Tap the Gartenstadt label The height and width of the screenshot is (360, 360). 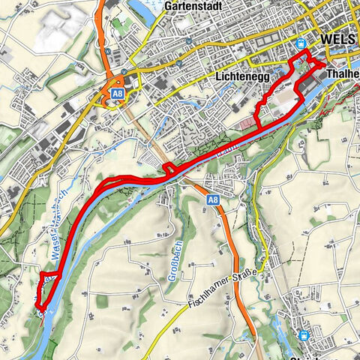pos(190,6)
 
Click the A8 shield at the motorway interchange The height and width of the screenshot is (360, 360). pos(117,94)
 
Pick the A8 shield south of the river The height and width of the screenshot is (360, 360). pos(213,199)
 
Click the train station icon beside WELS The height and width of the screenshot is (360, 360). pos(301,43)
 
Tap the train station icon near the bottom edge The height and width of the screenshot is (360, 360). pos(304,335)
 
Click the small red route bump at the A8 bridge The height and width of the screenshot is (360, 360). pos(169,169)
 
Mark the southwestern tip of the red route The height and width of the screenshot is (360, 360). pos(43,305)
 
